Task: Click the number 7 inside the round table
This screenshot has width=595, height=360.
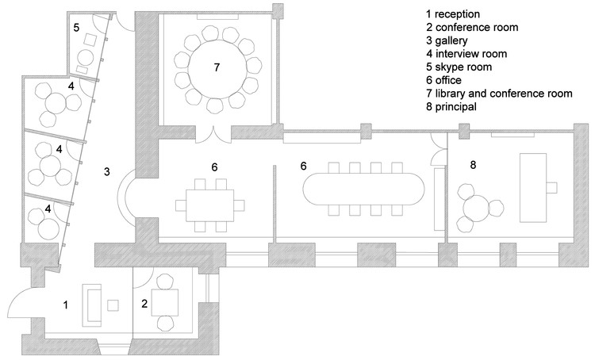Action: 216,68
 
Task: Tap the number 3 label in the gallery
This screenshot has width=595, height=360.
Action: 106,170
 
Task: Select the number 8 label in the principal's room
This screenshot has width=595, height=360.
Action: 473,165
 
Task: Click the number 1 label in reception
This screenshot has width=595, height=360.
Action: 67,303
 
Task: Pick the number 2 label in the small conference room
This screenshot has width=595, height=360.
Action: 144,303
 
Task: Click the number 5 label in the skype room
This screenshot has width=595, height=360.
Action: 76,28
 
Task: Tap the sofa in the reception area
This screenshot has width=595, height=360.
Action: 92,305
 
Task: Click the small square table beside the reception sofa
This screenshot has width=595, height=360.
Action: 113,305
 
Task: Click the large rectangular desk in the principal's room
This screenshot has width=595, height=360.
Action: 536,187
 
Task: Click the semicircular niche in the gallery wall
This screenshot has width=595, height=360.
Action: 129,197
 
